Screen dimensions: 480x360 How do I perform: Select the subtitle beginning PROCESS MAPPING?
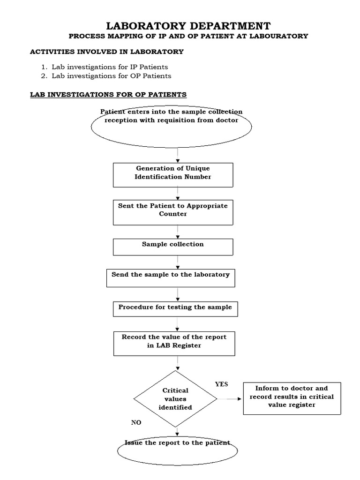tap(188, 36)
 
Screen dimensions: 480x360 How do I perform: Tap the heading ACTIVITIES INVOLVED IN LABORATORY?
tap(107, 52)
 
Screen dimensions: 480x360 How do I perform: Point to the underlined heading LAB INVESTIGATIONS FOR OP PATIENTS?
tap(108, 95)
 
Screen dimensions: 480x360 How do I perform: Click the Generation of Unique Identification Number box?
tap(173, 174)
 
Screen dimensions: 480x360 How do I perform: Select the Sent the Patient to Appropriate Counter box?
tap(173, 212)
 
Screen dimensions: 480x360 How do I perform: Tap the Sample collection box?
tap(173, 247)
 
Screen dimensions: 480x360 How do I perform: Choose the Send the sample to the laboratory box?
tap(171, 277)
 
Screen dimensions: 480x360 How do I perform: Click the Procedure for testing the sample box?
tap(175, 309)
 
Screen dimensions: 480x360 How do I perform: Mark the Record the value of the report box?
tap(174, 343)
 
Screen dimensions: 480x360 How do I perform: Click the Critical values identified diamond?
tap(175, 399)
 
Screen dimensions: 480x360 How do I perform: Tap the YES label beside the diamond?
tap(221, 384)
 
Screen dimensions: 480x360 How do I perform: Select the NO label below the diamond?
tap(136, 422)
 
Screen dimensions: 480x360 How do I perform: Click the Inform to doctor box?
tap(292, 398)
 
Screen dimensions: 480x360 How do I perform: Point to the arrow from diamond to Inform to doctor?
tap(230, 399)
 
